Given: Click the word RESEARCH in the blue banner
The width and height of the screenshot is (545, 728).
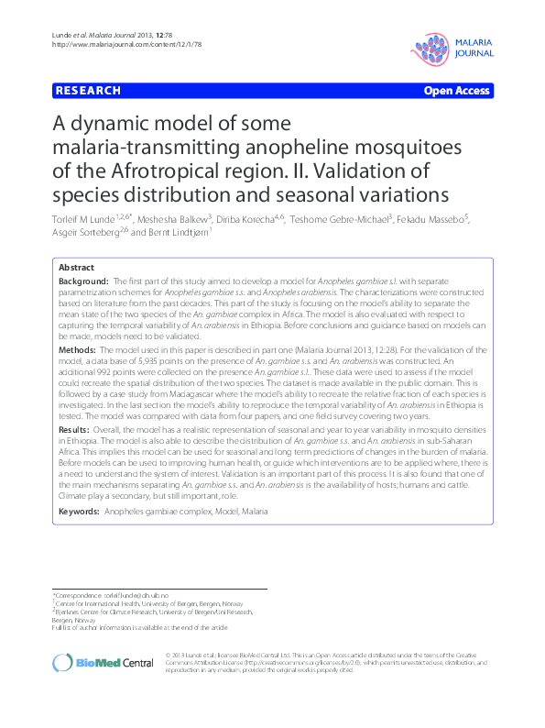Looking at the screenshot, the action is [88, 91].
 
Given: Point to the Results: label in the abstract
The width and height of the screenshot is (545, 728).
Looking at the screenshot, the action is [75, 429].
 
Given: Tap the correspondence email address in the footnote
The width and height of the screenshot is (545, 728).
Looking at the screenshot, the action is [139, 596].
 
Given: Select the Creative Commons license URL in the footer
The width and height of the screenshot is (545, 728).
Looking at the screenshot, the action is [342, 661].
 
